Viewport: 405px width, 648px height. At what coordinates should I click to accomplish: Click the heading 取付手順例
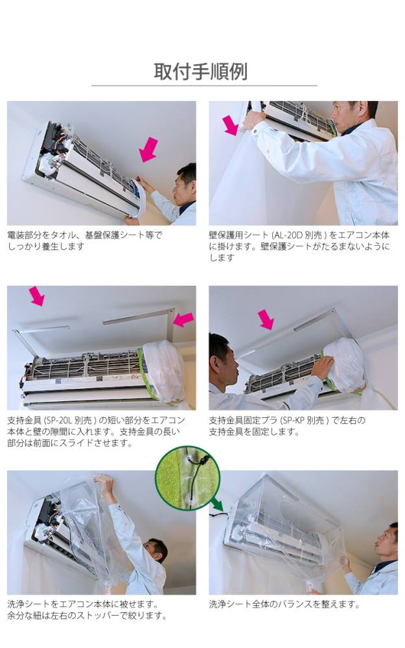click(x=200, y=71)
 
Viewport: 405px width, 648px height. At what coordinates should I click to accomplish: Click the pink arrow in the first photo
click(x=149, y=149)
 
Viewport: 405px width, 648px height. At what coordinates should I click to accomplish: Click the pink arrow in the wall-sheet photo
click(x=230, y=125)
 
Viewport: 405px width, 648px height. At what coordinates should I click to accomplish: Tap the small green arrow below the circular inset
click(x=216, y=503)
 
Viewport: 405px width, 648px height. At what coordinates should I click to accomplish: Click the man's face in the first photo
click(x=184, y=186)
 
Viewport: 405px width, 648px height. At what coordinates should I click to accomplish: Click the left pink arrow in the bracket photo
click(x=37, y=296)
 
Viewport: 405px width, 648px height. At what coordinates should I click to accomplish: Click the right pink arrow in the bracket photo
click(x=183, y=319)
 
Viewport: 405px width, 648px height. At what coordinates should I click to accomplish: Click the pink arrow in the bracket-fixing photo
click(x=266, y=319)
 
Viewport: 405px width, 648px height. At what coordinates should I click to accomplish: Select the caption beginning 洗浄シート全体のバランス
click(x=284, y=604)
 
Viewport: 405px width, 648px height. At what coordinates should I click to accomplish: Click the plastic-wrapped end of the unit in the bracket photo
click(x=163, y=369)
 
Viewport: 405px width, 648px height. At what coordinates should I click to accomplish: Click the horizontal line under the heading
click(x=203, y=86)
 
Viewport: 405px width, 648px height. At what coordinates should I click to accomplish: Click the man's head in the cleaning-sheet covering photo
click(x=155, y=551)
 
